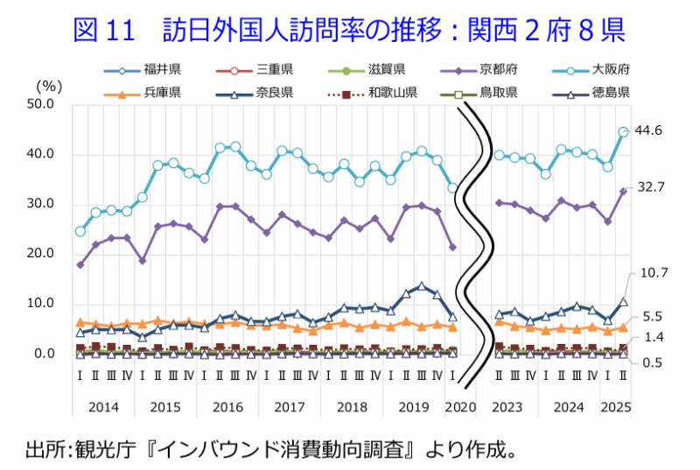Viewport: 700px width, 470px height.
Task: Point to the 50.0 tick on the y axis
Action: [x=42, y=105]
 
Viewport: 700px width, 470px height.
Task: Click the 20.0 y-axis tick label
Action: [x=42, y=255]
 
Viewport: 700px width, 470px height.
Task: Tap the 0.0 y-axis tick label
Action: [x=45, y=354]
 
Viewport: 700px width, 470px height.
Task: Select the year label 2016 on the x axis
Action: [x=227, y=407]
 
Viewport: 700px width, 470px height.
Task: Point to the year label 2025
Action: [x=616, y=407]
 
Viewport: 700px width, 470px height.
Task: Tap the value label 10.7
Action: [x=654, y=274]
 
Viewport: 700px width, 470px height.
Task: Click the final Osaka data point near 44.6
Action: [x=623, y=132]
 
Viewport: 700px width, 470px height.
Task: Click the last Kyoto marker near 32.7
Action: [x=623, y=191]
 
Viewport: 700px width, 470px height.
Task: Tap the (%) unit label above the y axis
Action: [x=50, y=86]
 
